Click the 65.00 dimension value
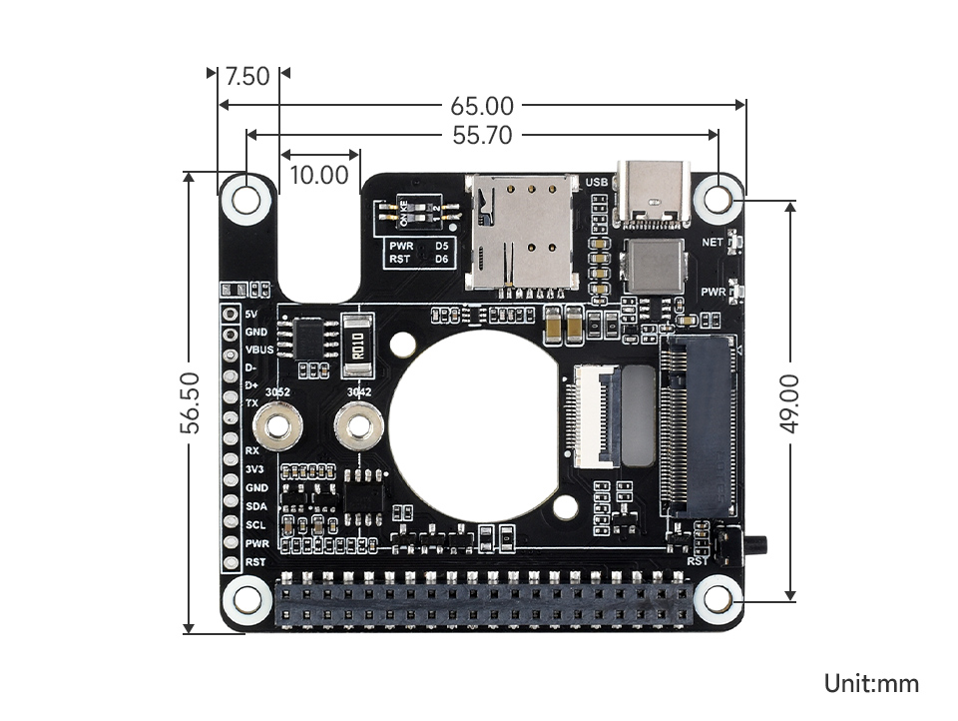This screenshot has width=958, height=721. click(x=482, y=105)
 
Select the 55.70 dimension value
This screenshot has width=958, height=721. click(x=482, y=135)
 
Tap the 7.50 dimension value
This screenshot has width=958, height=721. click(x=247, y=76)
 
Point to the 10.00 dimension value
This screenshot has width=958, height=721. click(x=319, y=176)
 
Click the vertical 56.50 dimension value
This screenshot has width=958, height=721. click(x=191, y=402)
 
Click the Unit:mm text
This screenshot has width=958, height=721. click(x=870, y=684)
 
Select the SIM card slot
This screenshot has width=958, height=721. click(x=523, y=231)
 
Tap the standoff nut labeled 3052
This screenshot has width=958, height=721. click(x=278, y=429)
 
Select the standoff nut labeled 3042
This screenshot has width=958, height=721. click(x=359, y=429)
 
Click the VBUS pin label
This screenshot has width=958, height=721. click(x=258, y=350)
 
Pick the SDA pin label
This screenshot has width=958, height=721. click(x=256, y=506)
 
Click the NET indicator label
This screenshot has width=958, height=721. click(x=712, y=243)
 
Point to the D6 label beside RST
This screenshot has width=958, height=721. click(x=441, y=259)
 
